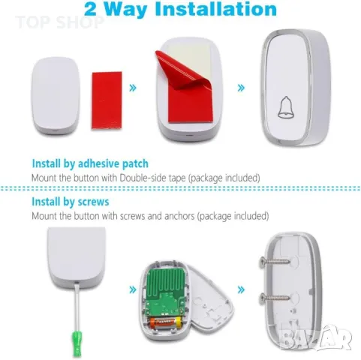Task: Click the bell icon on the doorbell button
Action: tap(285, 107)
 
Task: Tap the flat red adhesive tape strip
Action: tap(107, 100)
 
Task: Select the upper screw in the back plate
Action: tap(275, 262)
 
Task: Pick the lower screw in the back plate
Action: tap(275, 297)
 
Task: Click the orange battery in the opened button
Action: tap(165, 322)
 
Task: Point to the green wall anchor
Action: tap(77, 343)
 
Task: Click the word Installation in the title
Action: tap(216, 9)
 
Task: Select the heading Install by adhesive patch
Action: tap(90, 163)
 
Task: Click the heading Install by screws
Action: tap(71, 202)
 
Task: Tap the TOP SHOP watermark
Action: tap(59, 22)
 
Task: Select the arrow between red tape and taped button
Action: tap(133, 88)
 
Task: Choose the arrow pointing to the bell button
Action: tap(241, 88)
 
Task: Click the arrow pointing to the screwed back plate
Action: tap(241, 289)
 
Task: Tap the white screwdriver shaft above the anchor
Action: tap(77, 307)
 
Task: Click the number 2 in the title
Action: tap(90, 10)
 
